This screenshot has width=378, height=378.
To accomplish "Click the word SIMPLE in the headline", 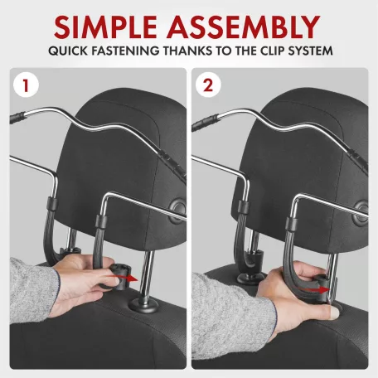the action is click(106, 27).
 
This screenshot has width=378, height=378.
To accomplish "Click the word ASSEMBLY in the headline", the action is click(243, 27).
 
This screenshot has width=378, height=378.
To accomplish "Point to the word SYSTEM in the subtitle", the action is click(310, 51).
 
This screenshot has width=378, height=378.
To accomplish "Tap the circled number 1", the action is click(26, 85).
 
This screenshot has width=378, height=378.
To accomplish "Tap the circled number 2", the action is click(208, 85).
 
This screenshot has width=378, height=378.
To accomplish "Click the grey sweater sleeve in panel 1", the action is click(33, 290).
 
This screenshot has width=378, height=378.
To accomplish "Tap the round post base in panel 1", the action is click(143, 305).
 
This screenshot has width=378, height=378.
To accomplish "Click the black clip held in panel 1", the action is click(119, 276).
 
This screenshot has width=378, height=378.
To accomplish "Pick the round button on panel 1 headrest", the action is click(177, 211).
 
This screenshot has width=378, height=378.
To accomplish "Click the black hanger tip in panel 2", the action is click(205, 122).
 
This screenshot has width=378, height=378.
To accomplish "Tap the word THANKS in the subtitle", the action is click(188, 51).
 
